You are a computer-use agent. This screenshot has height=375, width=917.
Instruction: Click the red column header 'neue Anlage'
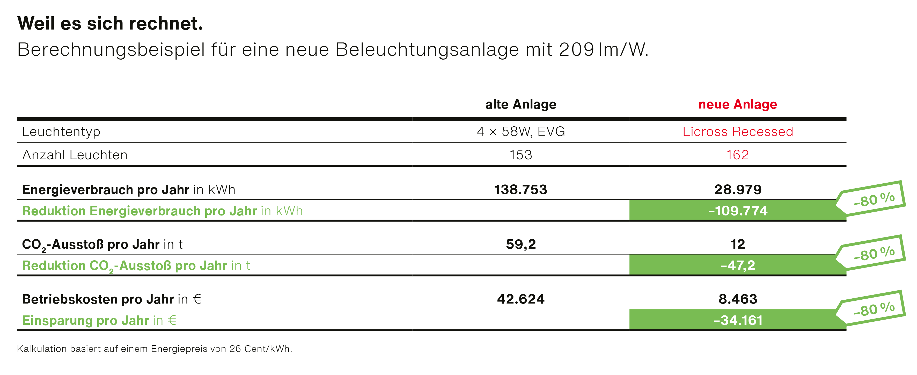(738, 104)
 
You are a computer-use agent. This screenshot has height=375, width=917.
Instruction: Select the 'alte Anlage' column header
(520, 104)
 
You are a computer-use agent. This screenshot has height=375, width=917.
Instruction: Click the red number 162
(738, 155)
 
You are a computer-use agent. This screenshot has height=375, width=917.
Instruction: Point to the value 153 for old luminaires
(520, 155)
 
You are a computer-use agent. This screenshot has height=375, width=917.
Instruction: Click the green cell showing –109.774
(738, 211)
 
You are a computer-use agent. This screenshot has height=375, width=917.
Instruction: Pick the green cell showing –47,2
(738, 265)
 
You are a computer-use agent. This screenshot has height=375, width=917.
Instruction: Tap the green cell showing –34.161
(738, 320)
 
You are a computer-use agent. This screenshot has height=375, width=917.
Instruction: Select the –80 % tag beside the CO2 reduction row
(874, 254)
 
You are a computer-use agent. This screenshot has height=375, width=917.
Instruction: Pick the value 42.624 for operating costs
(520, 299)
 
